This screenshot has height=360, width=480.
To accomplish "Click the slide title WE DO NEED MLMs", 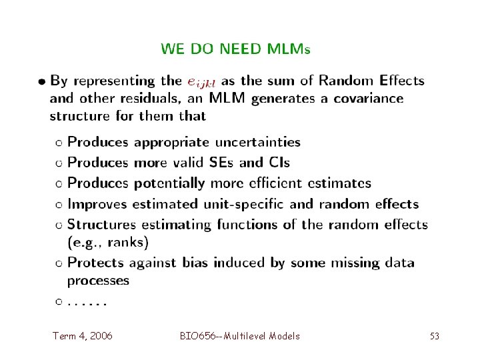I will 235,49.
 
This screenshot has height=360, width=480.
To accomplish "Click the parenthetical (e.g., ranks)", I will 108,241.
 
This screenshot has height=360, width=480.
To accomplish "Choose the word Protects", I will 98,262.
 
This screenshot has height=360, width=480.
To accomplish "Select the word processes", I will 99,280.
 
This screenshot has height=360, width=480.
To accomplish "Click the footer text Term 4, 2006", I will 83,336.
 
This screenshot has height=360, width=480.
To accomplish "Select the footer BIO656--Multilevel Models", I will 239,336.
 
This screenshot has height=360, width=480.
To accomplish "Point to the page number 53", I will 434,336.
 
